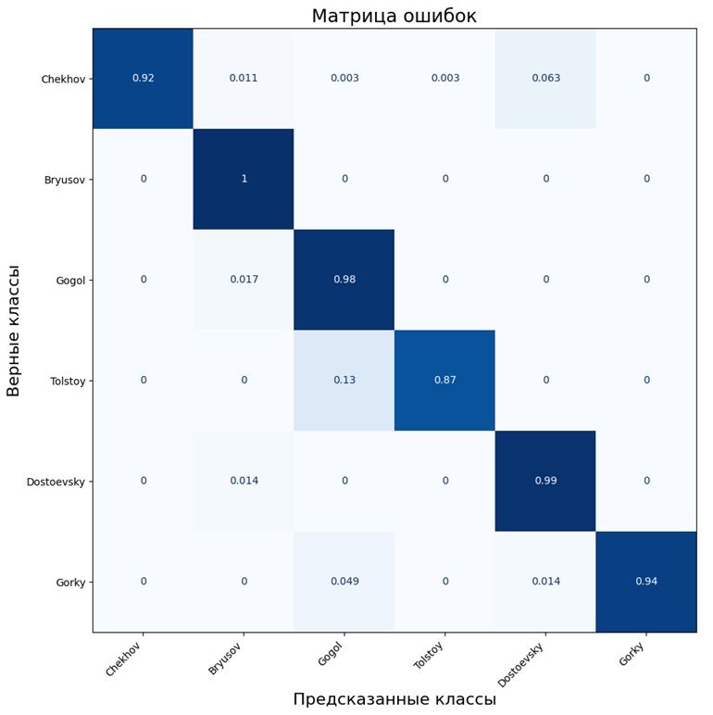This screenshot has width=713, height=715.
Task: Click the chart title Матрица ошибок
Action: coord(394,16)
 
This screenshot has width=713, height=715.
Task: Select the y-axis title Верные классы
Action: coord(14,331)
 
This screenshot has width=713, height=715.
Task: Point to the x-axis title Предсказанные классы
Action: coord(394,699)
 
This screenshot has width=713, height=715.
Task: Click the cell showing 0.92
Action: coord(144,79)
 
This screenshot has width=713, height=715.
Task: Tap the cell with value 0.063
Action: coord(545,79)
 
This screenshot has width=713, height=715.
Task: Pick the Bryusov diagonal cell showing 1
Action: coord(244,179)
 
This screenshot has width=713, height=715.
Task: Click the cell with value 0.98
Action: coord(344,280)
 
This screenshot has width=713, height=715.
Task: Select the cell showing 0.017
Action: coord(244,280)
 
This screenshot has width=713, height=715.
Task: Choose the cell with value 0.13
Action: coord(344,381)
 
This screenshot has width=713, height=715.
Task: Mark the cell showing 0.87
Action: coord(445,381)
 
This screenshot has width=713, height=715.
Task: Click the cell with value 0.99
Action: coord(545,481)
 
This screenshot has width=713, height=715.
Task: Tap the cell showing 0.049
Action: coord(344,582)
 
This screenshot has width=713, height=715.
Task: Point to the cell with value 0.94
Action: coord(646,582)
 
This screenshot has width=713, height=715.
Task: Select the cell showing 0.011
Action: coord(244,79)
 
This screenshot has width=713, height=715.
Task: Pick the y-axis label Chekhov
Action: coord(63,79)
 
